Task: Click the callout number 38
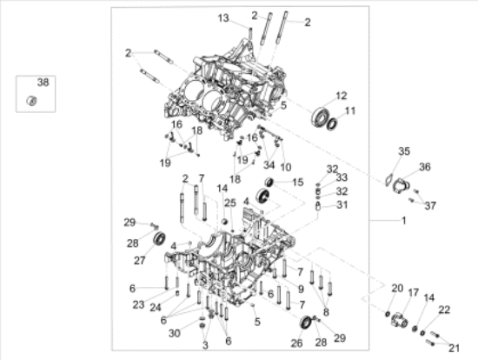point(43,82)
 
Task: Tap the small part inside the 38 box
point(31,100)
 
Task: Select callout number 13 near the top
point(223,18)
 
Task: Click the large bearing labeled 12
point(320,117)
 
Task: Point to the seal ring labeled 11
point(332,123)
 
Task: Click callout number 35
point(404,151)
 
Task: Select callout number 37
point(430,206)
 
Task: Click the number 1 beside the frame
point(404,220)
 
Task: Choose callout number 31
point(342,204)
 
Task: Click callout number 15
point(297,183)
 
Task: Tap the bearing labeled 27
point(159,238)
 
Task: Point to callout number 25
point(230,203)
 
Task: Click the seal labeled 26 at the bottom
point(305,323)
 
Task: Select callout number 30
point(174,333)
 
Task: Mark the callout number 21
point(454,348)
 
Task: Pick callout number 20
point(397,288)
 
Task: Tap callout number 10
point(285,167)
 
